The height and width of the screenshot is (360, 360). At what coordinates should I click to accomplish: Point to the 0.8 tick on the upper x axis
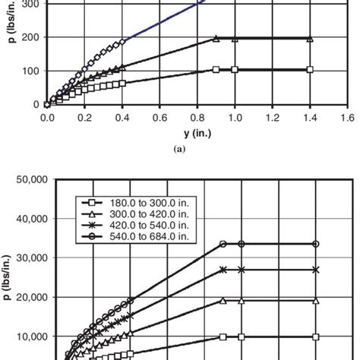[197, 118]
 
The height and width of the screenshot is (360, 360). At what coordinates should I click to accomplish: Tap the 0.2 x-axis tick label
[84, 118]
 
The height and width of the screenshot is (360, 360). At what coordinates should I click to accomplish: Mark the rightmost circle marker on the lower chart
[316, 244]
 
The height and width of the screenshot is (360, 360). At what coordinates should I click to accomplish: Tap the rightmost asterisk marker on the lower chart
[316, 270]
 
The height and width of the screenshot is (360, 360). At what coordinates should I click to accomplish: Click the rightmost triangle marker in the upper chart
[309, 39]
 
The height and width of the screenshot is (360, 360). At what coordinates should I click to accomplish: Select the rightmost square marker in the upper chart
[309, 69]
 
